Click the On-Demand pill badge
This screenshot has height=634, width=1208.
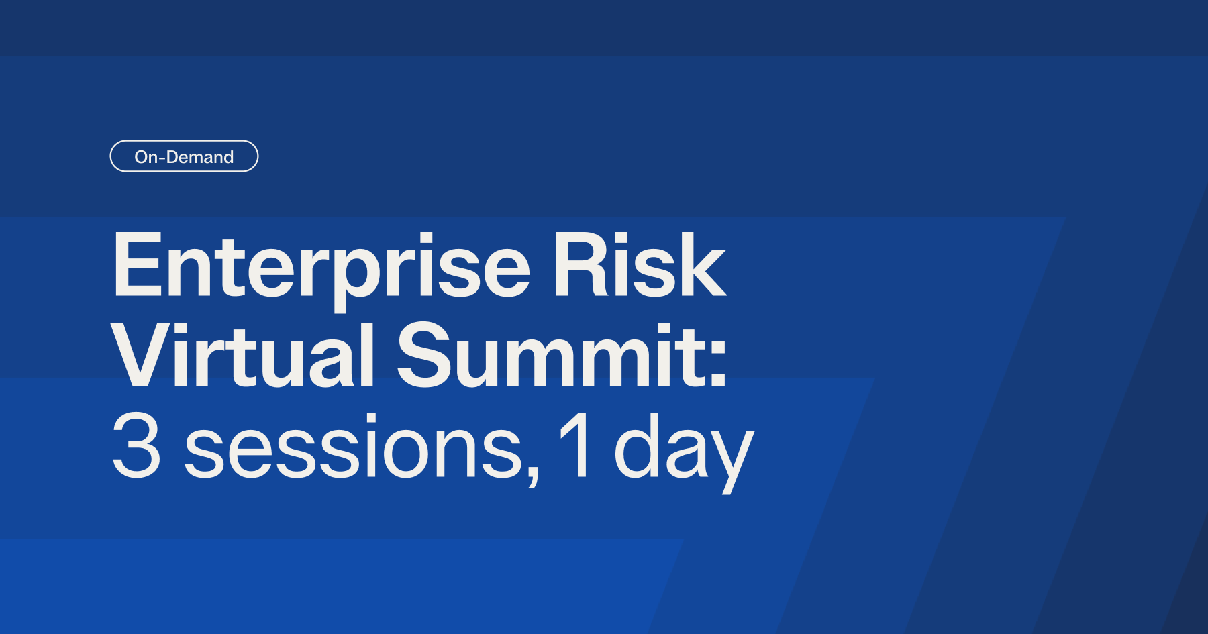[184, 156]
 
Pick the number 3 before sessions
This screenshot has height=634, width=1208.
[136, 445]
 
